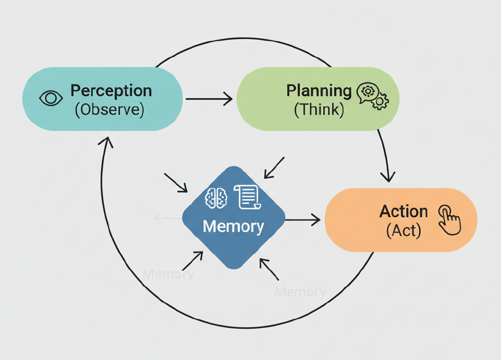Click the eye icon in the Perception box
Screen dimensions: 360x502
[x=51, y=98]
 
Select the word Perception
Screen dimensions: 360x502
[x=111, y=90]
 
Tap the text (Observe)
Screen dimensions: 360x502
[x=109, y=110]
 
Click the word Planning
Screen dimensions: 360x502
[x=318, y=90]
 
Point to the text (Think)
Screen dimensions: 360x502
[x=318, y=110]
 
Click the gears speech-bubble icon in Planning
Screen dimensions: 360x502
[x=372, y=96]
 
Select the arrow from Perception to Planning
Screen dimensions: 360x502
[x=209, y=98]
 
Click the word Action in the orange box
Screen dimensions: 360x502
[x=403, y=212]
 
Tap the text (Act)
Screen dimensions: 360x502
[x=403, y=230]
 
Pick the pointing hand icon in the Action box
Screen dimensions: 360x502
[x=449, y=219]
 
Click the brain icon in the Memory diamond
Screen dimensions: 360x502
[x=216, y=198]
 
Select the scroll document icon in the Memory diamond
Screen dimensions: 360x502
[x=248, y=197]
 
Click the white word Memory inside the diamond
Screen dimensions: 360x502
[x=233, y=227]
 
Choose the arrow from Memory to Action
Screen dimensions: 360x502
[x=302, y=220]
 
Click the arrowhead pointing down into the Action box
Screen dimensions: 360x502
[x=387, y=176]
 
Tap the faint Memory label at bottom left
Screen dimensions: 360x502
[x=168, y=274]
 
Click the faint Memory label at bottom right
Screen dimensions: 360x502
[x=300, y=292]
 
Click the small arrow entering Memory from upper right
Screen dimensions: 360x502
[x=273, y=168]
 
